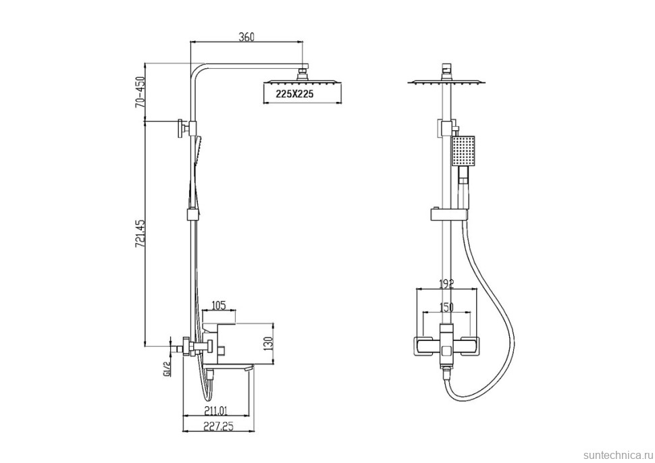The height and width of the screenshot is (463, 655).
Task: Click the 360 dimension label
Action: (246, 36)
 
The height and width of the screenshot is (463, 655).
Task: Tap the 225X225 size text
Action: (294, 94)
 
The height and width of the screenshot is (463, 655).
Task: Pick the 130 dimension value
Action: (269, 343)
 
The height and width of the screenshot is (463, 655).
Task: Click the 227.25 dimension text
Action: (219, 427)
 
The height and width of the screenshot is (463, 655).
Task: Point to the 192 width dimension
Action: (446, 284)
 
